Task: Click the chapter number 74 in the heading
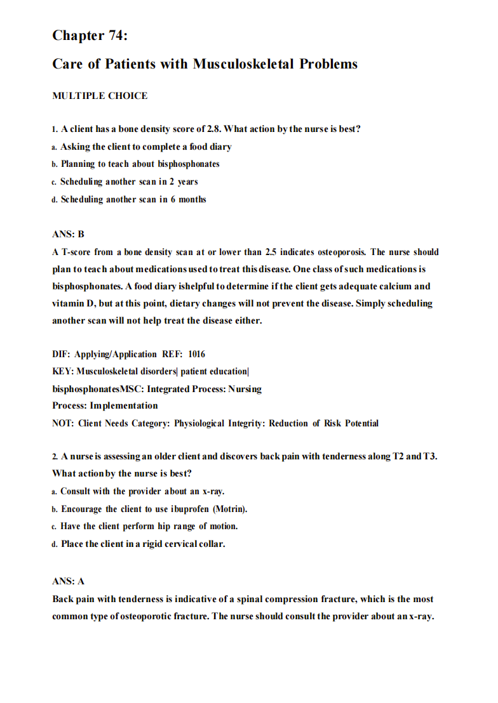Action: click(118, 36)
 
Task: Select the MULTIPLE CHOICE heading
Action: click(100, 96)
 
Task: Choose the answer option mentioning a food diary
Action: click(145, 147)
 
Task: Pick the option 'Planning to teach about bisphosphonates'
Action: click(140, 164)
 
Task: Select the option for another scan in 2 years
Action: click(129, 181)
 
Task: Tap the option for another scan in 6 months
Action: click(133, 199)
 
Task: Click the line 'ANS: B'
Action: click(68, 234)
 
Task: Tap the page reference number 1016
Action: click(196, 354)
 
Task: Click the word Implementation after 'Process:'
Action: click(124, 405)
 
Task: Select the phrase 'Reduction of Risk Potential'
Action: click(323, 423)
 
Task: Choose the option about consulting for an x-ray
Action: click(142, 491)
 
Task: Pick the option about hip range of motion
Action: click(149, 526)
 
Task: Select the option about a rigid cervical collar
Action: click(143, 544)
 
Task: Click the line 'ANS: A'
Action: click(68, 581)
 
